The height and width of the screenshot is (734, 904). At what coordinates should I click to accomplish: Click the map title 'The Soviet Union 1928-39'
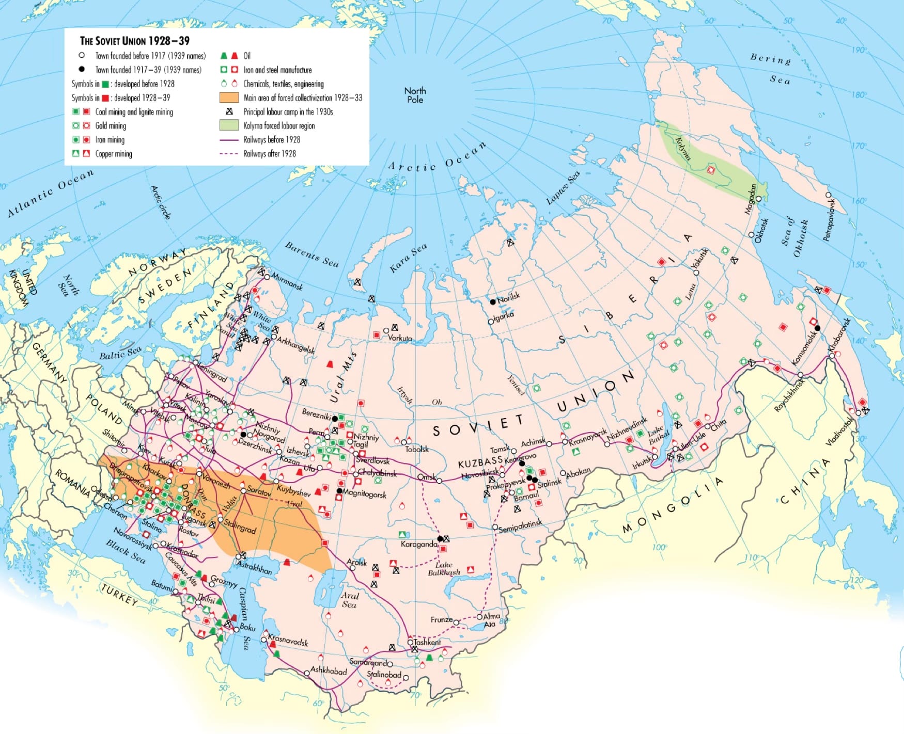point(134,41)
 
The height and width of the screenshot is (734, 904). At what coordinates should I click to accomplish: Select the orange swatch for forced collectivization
point(229,98)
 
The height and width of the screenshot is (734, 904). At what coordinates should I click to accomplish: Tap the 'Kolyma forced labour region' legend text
point(279,125)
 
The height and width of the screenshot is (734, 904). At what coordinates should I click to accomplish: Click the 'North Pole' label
point(415,95)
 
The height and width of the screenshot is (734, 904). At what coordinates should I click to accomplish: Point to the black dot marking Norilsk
point(493,301)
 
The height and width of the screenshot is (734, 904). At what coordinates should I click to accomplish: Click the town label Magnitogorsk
point(364,494)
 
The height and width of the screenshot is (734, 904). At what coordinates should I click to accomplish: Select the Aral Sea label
point(349,600)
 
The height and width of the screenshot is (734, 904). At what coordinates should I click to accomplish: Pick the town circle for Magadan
point(758,199)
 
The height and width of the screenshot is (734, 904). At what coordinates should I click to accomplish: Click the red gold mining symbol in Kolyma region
point(711,170)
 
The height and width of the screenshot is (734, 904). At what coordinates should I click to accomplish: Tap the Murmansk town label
point(287,282)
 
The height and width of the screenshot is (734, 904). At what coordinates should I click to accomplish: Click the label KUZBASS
point(480,463)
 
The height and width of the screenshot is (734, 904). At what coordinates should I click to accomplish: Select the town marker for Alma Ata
point(479,617)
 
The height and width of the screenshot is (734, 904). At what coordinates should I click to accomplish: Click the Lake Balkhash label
point(444,568)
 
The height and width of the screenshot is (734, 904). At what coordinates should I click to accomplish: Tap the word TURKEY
point(119,595)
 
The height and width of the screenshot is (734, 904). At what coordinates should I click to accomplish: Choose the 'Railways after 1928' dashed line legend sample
point(229,153)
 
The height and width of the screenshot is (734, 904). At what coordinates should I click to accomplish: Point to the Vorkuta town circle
point(386,331)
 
